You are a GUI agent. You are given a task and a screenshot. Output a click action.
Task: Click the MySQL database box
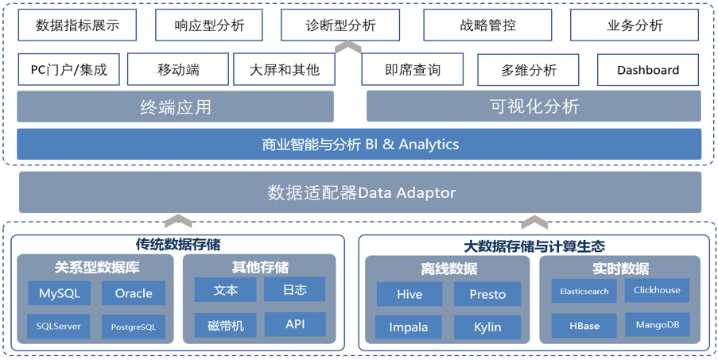click(x=59, y=293)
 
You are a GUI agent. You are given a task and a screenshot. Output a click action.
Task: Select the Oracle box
click(x=134, y=293)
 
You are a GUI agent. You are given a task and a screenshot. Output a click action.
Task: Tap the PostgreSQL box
click(x=134, y=327)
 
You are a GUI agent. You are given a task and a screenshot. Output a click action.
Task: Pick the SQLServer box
click(x=59, y=326)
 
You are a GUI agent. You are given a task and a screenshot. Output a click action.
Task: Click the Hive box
click(x=409, y=294)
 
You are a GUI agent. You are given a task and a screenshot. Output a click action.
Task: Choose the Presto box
click(x=487, y=294)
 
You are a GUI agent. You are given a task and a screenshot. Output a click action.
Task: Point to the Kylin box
click(x=487, y=327)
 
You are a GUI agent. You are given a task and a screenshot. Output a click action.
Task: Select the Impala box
click(x=409, y=327)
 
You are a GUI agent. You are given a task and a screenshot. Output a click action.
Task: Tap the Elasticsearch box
click(x=584, y=291)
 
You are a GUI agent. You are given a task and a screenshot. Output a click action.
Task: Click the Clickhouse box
click(x=657, y=290)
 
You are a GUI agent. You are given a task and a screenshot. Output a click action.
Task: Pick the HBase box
click(x=584, y=325)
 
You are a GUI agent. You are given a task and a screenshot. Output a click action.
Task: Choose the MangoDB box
click(x=657, y=324)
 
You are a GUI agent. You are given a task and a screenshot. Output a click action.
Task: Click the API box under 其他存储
click(x=295, y=323)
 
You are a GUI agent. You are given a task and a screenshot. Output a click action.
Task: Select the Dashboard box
click(x=648, y=70)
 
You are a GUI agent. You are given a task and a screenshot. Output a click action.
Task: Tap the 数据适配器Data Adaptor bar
click(x=360, y=192)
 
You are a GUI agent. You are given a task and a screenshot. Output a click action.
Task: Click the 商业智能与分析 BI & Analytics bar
click(x=359, y=145)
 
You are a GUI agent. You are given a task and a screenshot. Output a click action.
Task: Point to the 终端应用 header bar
click(x=175, y=106)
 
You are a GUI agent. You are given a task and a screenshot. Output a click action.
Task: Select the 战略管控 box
click(x=487, y=25)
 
